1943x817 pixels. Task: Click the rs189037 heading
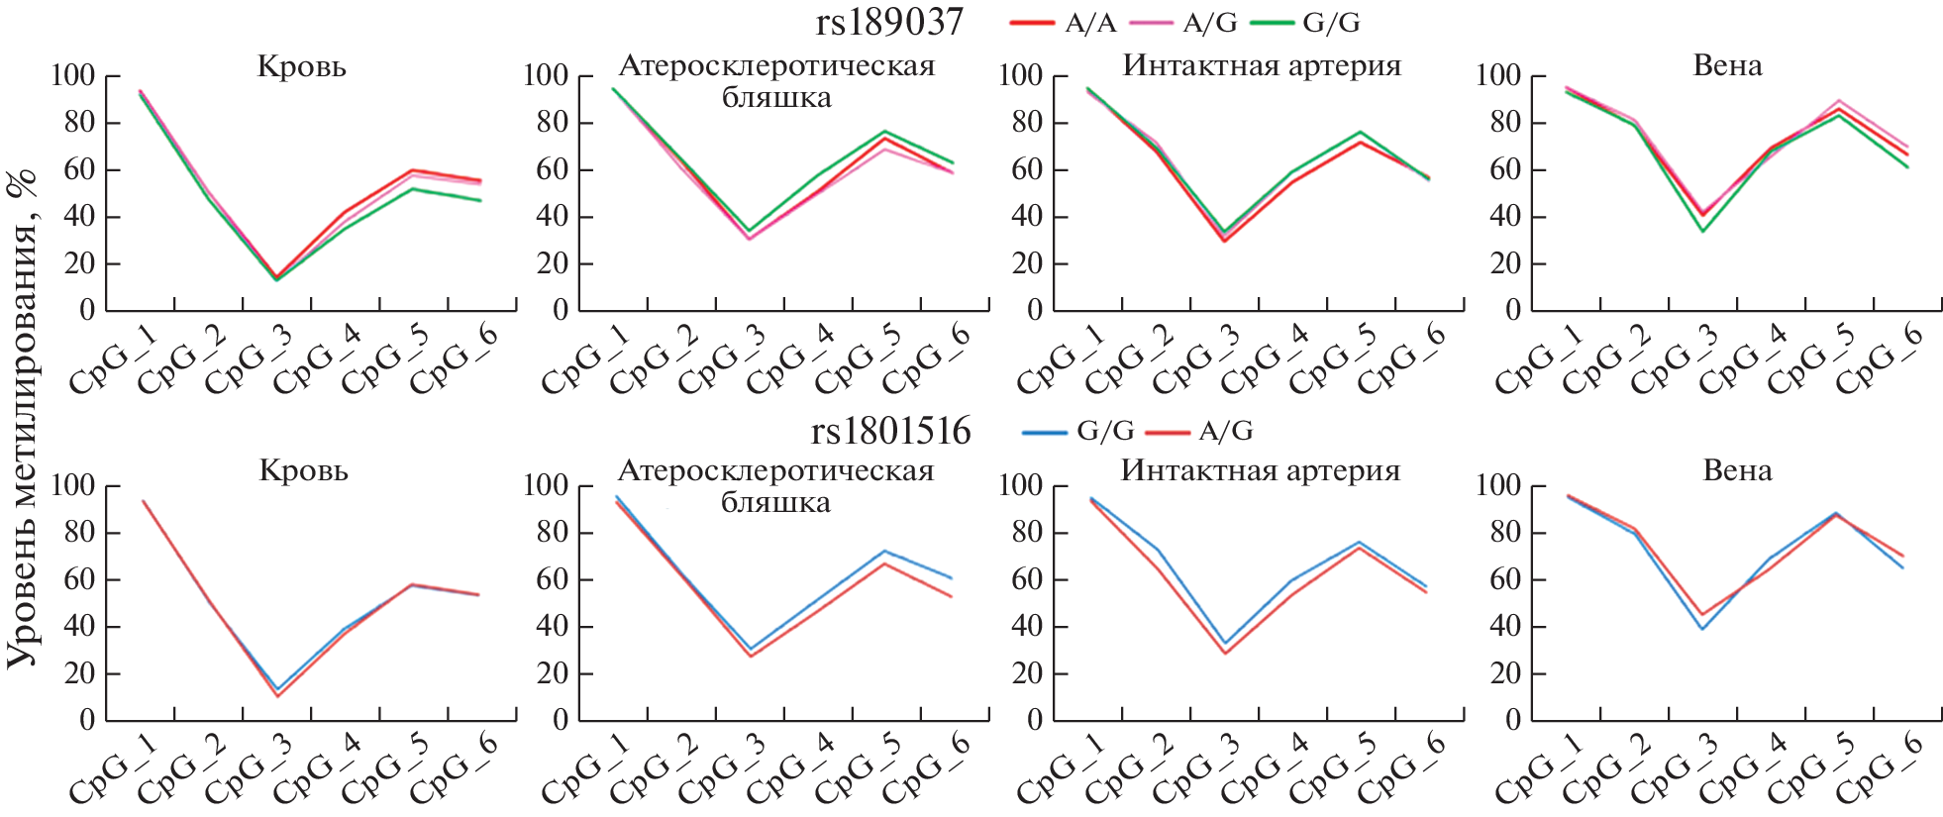[888, 22]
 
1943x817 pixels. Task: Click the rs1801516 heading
[890, 431]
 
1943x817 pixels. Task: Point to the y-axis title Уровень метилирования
[22, 416]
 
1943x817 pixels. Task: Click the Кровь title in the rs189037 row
[302, 67]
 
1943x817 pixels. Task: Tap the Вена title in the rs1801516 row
[1737, 470]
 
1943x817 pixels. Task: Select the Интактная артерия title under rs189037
[1262, 66]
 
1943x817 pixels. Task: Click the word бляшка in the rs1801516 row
[775, 502]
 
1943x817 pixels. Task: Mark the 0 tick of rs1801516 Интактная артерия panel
[1034, 721]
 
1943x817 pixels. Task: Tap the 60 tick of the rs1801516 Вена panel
[1497, 579]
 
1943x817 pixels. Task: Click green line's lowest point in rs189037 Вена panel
[1702, 231]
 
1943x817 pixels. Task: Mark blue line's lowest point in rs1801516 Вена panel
[1702, 629]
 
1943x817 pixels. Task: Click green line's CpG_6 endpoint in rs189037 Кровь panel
[480, 201]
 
